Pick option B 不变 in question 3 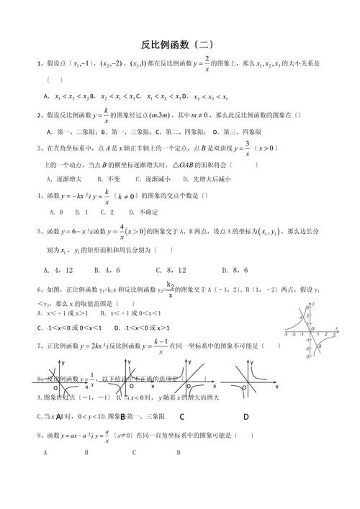(x=112, y=179)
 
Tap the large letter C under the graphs (x=183, y=416)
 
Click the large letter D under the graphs (x=246, y=416)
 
